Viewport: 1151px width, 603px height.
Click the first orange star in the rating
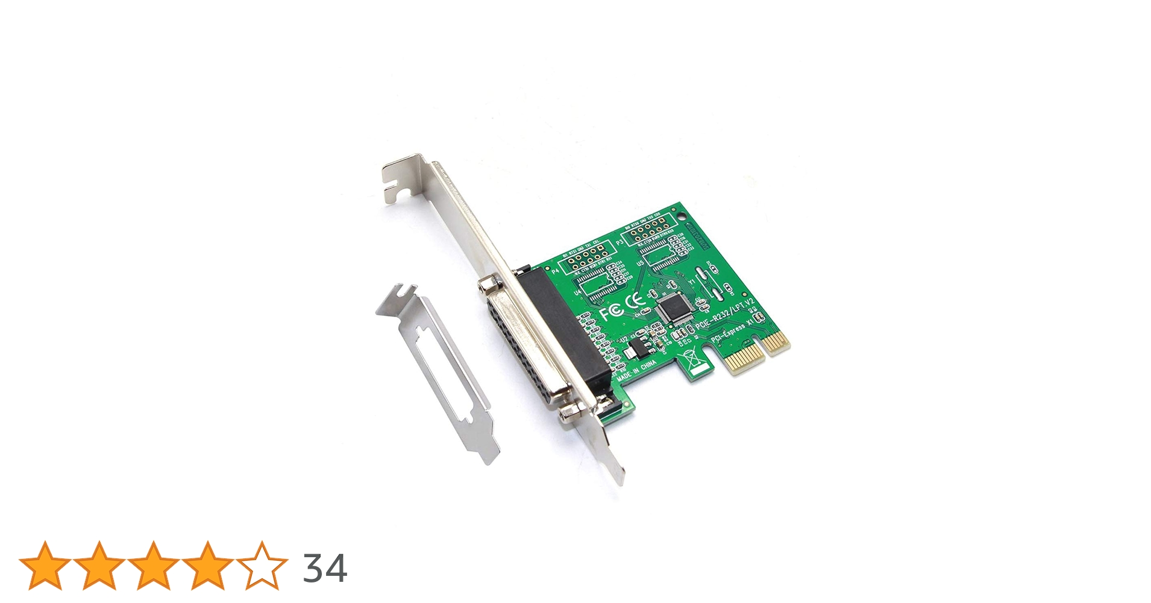tap(45, 566)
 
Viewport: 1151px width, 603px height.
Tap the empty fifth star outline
tap(262, 566)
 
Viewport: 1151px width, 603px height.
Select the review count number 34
tap(325, 568)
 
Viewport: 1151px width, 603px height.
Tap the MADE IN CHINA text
tap(637, 368)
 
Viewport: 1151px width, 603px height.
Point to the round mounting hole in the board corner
tap(682, 215)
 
